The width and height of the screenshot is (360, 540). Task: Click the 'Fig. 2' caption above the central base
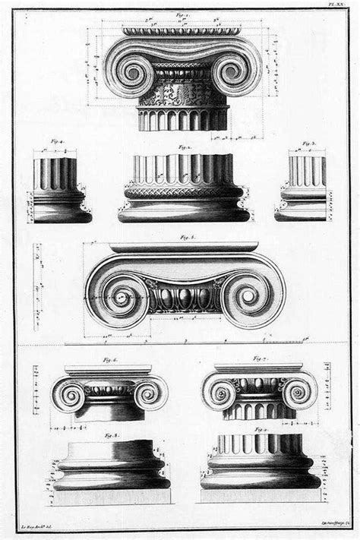click(183, 147)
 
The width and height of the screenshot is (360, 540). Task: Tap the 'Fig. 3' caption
click(308, 142)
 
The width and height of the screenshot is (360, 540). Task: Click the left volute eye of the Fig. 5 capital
click(119, 296)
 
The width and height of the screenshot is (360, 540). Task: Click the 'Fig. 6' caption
click(110, 359)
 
